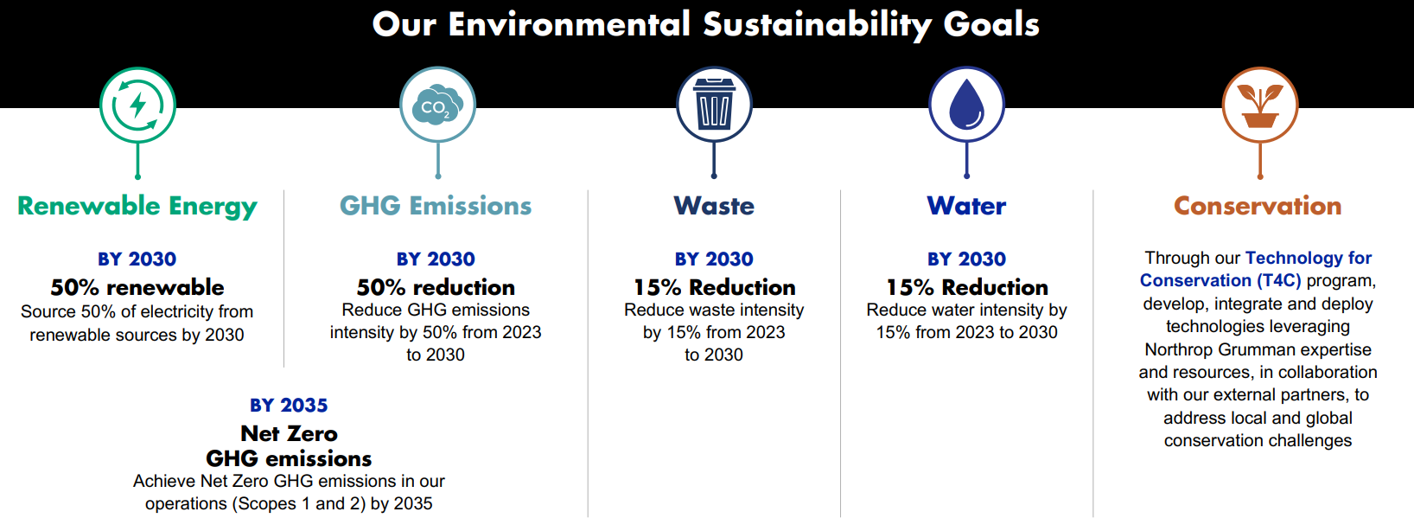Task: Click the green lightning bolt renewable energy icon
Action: pos(137,105)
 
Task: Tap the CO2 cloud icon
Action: pos(437,105)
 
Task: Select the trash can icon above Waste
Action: pos(714,105)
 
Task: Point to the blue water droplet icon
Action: pos(966,105)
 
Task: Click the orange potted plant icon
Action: pos(1260,105)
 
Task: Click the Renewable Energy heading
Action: pos(137,207)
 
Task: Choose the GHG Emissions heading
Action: pos(436,206)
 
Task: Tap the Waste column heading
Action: pos(714,206)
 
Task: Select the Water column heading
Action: pos(966,206)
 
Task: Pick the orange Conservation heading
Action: pos(1258,206)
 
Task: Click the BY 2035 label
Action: pos(289,405)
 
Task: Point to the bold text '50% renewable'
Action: pos(137,287)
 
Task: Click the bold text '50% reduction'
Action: pos(436,287)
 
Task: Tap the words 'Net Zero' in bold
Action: pos(290,434)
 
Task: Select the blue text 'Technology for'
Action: pos(1308,259)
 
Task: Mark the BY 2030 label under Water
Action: pos(966,259)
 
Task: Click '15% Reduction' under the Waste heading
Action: pos(714,287)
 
